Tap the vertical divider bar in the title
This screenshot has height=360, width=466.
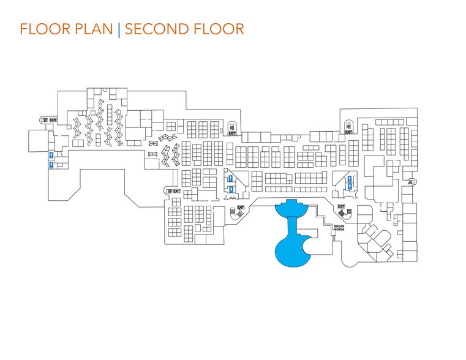point(119,29)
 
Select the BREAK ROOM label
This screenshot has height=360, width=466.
point(340,228)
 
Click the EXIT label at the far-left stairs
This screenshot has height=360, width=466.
point(53,120)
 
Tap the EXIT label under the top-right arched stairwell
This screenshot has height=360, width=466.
point(348,132)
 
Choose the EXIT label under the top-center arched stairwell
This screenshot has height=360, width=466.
point(232,133)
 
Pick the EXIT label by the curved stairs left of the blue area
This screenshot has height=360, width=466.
point(241,208)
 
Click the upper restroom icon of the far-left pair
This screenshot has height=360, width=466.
point(52,155)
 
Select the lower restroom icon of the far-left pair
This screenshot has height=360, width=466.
point(52,165)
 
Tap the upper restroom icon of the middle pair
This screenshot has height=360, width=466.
point(230,178)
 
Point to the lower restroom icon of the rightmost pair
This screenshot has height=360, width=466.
point(350,186)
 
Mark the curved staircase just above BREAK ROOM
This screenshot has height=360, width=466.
point(341,212)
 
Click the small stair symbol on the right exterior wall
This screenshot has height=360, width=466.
point(411,181)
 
